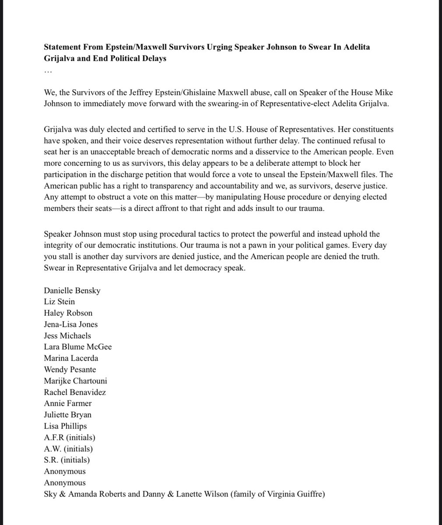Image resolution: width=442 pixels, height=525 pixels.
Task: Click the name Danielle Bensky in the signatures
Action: click(x=72, y=290)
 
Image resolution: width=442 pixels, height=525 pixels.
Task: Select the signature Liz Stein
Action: click(x=60, y=302)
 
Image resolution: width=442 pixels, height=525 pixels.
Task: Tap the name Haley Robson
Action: click(x=68, y=313)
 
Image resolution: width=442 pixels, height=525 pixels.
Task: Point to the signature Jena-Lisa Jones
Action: click(x=71, y=325)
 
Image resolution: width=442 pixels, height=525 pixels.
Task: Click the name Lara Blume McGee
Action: click(x=78, y=347)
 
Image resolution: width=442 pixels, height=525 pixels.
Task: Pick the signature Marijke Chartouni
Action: click(x=76, y=381)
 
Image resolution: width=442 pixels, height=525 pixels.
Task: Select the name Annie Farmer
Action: click(x=68, y=403)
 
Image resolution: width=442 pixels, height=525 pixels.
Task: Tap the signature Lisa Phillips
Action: click(x=66, y=426)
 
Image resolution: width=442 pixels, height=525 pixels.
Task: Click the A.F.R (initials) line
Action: click(x=70, y=437)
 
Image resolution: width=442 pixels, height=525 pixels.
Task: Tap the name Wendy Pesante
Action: click(x=70, y=370)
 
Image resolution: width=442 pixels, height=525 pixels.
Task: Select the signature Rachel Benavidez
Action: click(x=75, y=392)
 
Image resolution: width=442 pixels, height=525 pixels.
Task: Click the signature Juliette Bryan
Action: click(x=68, y=415)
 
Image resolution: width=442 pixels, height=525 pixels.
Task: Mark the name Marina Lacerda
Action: click(x=71, y=358)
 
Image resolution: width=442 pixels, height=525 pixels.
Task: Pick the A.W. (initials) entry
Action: click(x=68, y=449)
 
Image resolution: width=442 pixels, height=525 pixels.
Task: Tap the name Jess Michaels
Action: click(x=68, y=336)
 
